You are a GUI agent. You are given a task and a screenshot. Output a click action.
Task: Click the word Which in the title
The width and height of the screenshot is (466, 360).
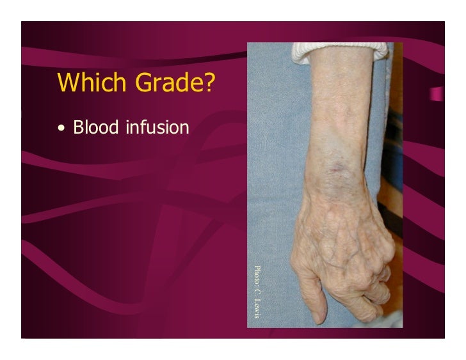[86, 82]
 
